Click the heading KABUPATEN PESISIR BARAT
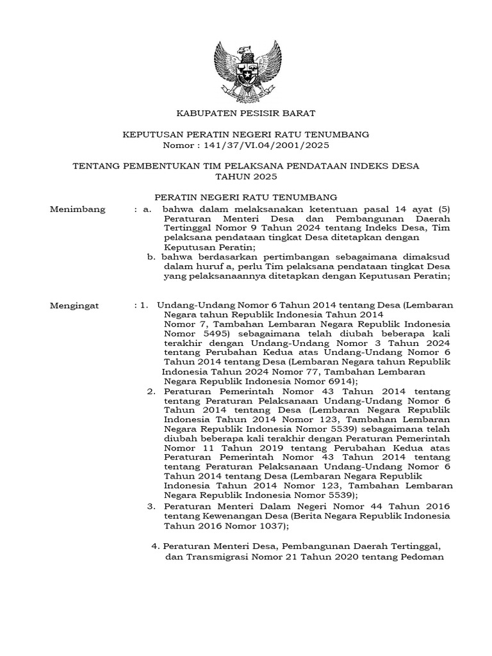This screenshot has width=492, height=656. (246, 113)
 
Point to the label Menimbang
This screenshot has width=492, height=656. (78, 209)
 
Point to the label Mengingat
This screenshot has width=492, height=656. (74, 306)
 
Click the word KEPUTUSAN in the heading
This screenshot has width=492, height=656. (151, 135)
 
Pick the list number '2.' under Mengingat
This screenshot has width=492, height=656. (152, 391)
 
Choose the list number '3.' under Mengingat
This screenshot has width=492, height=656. (152, 506)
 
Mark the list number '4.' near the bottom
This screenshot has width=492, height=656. (154, 546)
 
